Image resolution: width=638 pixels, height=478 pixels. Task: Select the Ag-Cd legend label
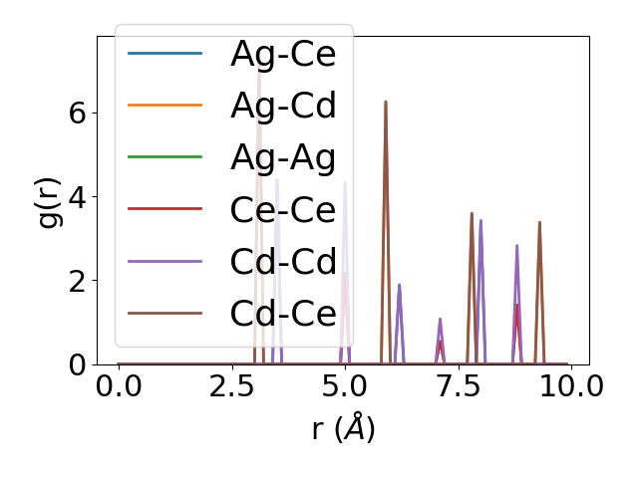tap(283, 106)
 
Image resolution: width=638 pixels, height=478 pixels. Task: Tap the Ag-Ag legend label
tap(283, 157)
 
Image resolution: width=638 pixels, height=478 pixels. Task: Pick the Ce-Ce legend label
tap(283, 209)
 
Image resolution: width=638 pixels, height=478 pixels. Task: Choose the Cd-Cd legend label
tap(283, 261)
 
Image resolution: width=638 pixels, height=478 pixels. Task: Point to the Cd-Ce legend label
tap(283, 313)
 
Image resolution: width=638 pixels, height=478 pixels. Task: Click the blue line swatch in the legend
tap(164, 54)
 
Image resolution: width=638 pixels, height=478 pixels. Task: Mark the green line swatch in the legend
tap(164, 157)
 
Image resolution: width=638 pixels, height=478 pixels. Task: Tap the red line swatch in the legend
tap(164, 209)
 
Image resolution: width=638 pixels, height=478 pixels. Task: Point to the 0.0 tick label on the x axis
tap(119, 386)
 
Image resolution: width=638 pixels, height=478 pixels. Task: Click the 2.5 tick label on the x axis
tap(231, 386)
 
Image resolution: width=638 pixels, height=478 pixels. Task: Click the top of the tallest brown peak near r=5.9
tap(385, 102)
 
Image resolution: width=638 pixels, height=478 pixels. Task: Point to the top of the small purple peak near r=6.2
tap(399, 285)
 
